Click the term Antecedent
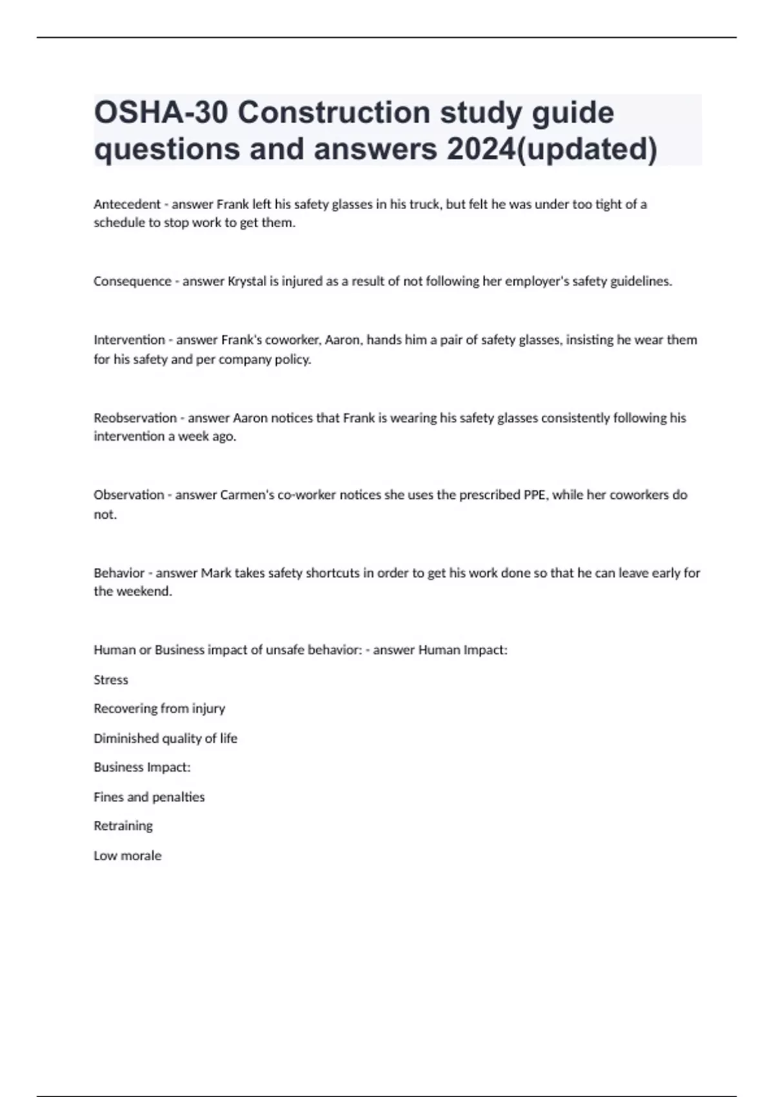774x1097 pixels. click(x=126, y=205)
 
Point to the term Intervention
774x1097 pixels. click(x=129, y=340)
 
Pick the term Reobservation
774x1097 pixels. click(x=135, y=418)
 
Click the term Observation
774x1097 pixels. click(x=128, y=495)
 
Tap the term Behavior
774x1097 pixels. click(x=119, y=573)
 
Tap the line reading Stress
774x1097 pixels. click(x=111, y=679)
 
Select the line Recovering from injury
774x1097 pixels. click(x=159, y=709)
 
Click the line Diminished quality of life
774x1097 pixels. click(x=165, y=738)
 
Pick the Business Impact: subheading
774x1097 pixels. click(x=142, y=767)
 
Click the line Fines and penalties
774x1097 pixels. click(x=149, y=797)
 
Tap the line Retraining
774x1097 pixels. click(x=123, y=826)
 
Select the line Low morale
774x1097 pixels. click(x=128, y=856)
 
